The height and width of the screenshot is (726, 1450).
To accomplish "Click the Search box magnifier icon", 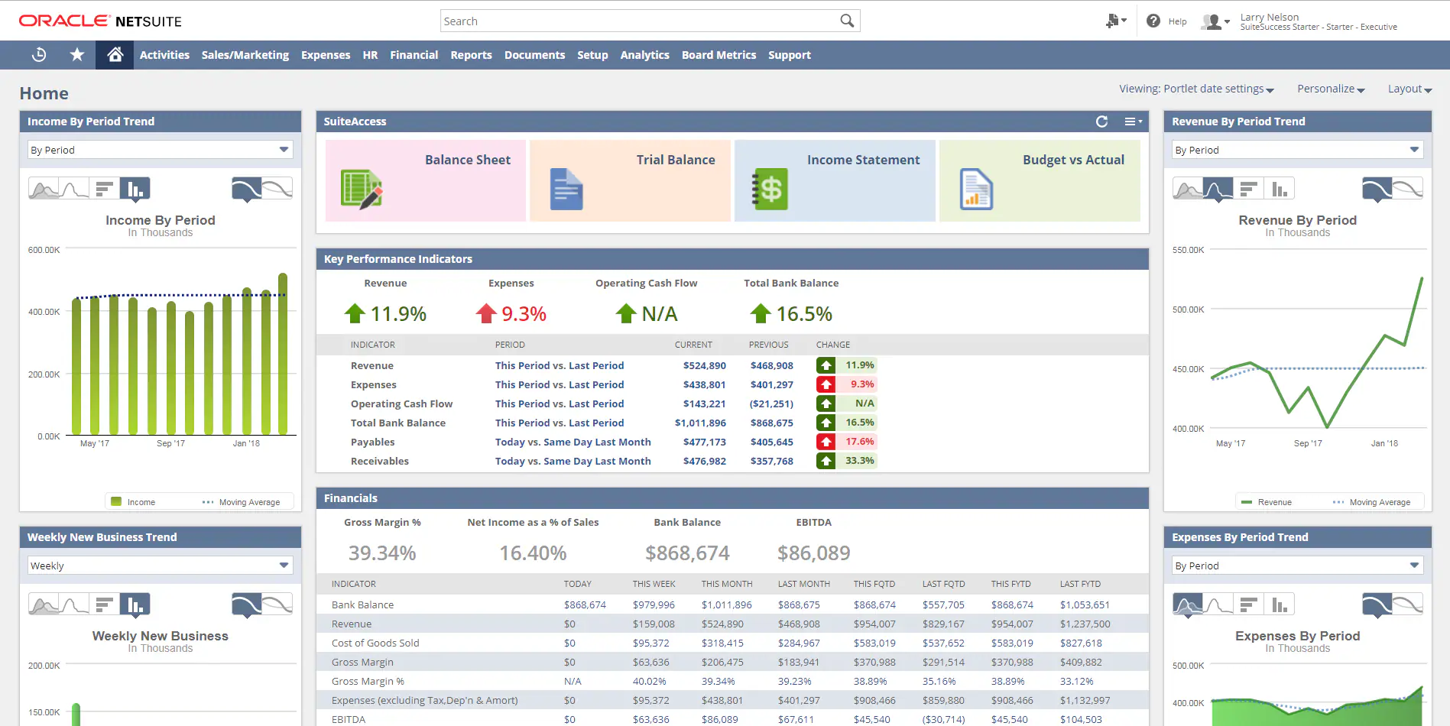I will pos(846,21).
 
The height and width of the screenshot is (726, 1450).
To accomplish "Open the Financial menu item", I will pos(414,55).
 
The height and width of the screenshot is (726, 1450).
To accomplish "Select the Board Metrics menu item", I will pos(719,55).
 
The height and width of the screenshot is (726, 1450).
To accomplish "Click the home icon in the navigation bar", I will pos(115,55).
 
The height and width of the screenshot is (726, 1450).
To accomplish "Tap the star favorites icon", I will pos(77,55).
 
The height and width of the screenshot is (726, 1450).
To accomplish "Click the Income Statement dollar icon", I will pos(770,189).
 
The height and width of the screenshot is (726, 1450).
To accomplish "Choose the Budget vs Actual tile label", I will pos(1073,160).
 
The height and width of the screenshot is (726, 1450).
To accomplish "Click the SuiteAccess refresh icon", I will pos(1101,122).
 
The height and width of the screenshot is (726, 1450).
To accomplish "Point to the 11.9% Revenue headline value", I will pos(398,314).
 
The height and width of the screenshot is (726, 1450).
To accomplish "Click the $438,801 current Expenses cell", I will pos(704,385).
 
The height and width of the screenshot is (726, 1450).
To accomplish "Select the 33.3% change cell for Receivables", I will pos(859,461).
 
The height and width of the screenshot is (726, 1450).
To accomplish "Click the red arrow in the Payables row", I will pos(826,442).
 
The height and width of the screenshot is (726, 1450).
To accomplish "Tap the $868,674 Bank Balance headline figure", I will pos(687,553).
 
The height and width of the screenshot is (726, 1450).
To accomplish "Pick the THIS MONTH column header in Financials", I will pos(726,584).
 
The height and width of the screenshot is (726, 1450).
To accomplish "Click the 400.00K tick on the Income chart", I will pos(44,312).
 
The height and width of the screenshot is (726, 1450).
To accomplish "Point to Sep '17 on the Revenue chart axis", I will pos(1308,443).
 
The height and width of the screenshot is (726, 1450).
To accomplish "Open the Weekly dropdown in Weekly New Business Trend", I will pos(160,566).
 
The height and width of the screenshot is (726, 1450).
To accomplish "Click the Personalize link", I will pos(1330,89).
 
